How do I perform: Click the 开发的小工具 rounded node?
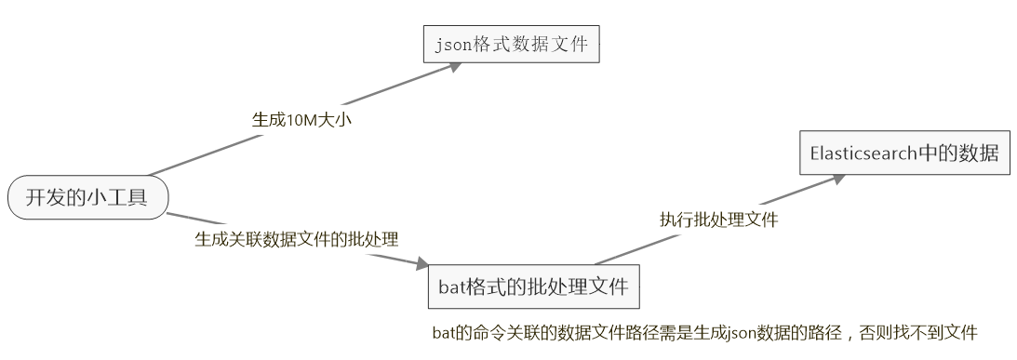[88, 197]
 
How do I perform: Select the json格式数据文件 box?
[511, 44]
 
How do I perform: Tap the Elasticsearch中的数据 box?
[903, 153]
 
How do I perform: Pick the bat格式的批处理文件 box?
[534, 287]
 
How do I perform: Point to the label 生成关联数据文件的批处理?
[296, 239]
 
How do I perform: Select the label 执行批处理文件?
[719, 220]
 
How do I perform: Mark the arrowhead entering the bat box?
[422, 265]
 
